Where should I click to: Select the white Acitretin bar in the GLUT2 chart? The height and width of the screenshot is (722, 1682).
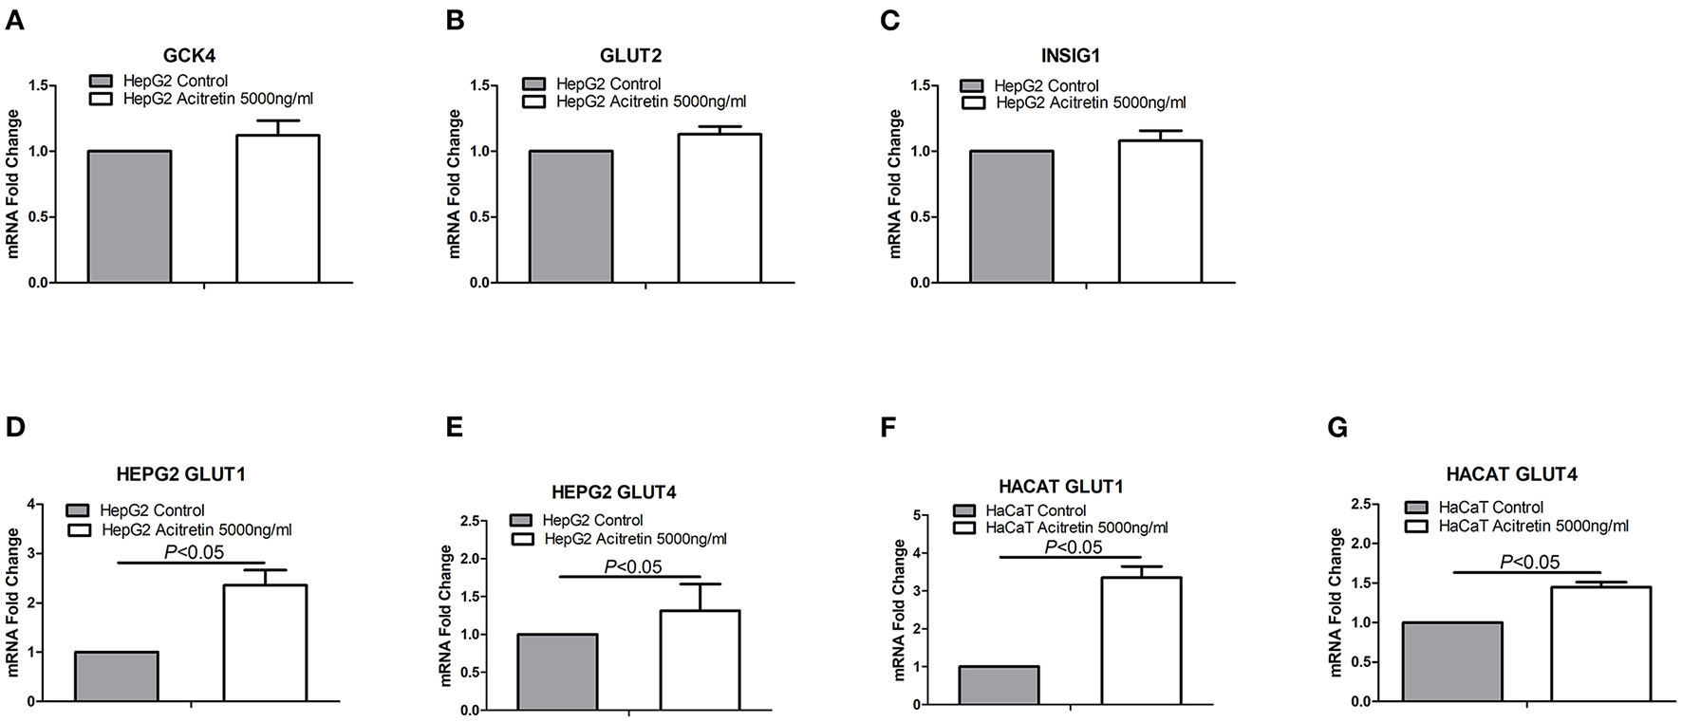tap(719, 209)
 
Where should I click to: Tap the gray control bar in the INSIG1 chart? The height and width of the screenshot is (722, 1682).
tap(1011, 216)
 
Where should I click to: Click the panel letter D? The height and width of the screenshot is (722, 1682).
tap(15, 427)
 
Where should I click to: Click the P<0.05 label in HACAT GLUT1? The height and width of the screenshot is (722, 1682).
tap(1073, 546)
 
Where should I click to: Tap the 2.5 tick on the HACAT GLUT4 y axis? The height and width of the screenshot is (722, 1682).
tap(1365, 504)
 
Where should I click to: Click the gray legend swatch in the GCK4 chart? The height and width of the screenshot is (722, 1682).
tap(101, 82)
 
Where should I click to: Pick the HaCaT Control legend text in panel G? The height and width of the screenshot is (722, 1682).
tap(1490, 508)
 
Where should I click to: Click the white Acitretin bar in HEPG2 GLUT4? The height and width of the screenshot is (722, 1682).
tap(699, 660)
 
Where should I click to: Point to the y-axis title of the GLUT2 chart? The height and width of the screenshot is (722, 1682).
tap(454, 184)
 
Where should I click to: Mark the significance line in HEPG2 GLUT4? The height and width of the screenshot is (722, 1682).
tap(629, 576)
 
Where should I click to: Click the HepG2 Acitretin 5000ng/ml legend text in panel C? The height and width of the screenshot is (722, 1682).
tap(1091, 102)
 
